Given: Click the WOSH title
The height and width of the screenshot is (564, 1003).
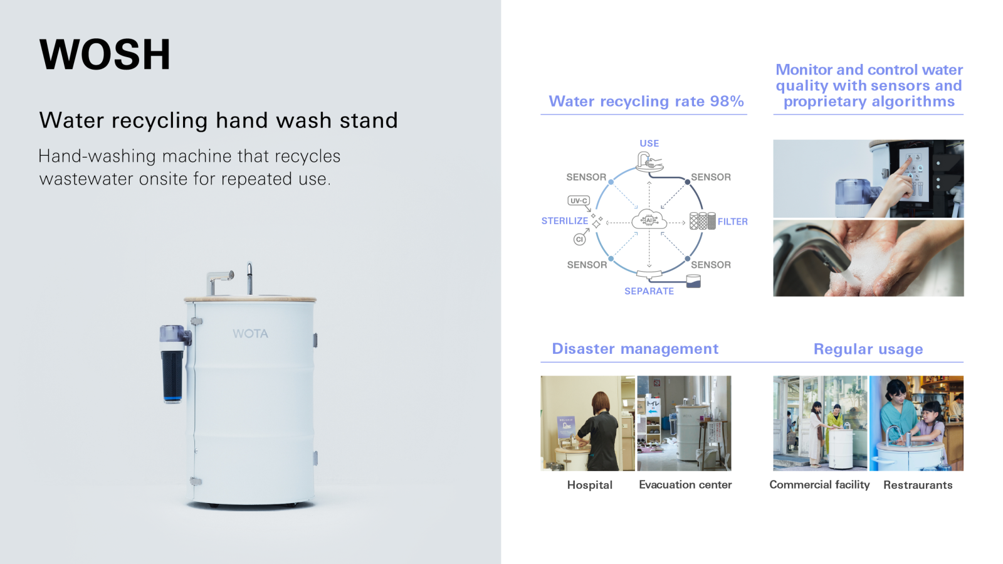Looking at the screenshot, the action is click(105, 55).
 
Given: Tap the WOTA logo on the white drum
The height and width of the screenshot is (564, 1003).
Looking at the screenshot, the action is click(250, 334).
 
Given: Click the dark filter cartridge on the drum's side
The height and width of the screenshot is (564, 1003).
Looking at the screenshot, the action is click(172, 375).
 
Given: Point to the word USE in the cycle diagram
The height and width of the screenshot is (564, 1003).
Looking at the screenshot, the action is click(649, 143).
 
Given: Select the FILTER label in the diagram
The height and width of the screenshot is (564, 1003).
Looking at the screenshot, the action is click(733, 221).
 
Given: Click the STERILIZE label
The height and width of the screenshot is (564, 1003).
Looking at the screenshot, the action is click(565, 221).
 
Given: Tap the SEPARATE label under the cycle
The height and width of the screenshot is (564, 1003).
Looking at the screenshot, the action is click(649, 291).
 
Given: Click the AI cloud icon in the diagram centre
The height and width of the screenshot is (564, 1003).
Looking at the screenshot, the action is click(649, 220).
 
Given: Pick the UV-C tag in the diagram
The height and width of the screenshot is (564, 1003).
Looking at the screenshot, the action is click(579, 201).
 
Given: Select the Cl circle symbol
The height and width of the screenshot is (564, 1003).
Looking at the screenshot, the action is click(579, 239).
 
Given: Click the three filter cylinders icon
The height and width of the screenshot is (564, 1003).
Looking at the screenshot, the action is click(702, 221).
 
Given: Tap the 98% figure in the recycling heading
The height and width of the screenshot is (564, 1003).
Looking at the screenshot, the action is click(727, 101).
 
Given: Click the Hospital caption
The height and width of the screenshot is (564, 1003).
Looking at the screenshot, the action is click(589, 485).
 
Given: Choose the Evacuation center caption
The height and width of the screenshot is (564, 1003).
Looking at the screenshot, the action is click(685, 485).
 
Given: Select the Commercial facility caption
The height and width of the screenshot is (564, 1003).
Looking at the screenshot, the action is click(819, 485).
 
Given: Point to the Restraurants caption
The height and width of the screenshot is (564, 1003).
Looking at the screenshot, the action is click(918, 485).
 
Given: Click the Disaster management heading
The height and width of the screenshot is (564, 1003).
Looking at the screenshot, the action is click(635, 349).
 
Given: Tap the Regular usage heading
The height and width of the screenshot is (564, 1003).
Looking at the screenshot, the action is click(868, 349).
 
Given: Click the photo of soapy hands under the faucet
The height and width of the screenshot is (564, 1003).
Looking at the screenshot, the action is click(868, 258).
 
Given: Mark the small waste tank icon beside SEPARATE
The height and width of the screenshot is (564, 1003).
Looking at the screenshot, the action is click(693, 281).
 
